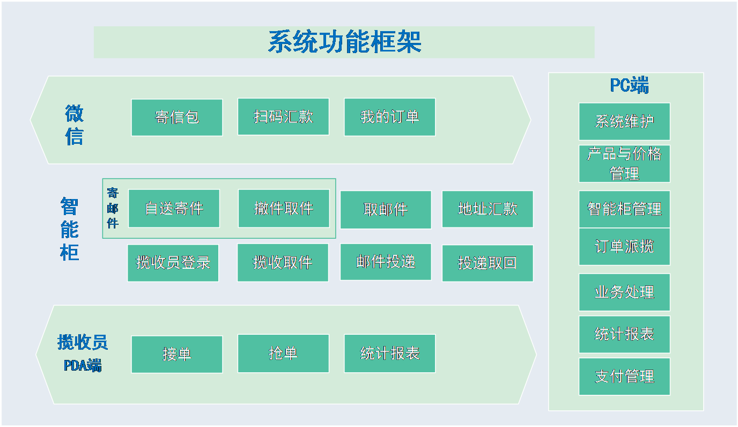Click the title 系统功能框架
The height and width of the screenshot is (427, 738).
pyautogui.click(x=345, y=42)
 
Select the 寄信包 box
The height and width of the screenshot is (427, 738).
pyautogui.click(x=177, y=117)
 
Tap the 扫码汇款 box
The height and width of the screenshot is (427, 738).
pyautogui.click(x=283, y=116)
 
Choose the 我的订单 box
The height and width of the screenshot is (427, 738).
pyautogui.click(x=390, y=117)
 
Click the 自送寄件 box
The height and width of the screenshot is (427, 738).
pyautogui.click(x=174, y=208)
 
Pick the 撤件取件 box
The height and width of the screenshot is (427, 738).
pyautogui.click(x=284, y=208)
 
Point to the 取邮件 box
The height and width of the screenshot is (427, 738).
pyautogui.click(x=386, y=210)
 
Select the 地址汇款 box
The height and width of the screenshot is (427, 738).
pyautogui.click(x=488, y=209)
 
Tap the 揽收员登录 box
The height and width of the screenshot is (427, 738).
pyautogui.click(x=173, y=263)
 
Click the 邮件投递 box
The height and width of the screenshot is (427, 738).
pyautogui.click(x=386, y=262)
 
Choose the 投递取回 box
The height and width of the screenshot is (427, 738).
pyautogui.click(x=488, y=263)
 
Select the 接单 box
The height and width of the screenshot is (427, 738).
pyautogui.click(x=177, y=355)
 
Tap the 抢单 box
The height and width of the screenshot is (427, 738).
pyautogui.click(x=283, y=354)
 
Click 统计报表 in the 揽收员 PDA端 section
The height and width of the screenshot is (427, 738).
pyautogui.click(x=390, y=354)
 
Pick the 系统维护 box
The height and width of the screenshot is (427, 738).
pyautogui.click(x=624, y=122)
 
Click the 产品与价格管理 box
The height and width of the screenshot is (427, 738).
pyautogui.click(x=624, y=164)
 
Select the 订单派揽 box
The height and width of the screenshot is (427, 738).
pyautogui.click(x=624, y=246)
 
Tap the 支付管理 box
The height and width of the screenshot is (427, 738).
pyautogui.click(x=624, y=377)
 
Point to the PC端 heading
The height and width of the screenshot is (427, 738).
pyautogui.click(x=629, y=85)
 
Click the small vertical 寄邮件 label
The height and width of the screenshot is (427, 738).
pyautogui.click(x=112, y=208)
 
